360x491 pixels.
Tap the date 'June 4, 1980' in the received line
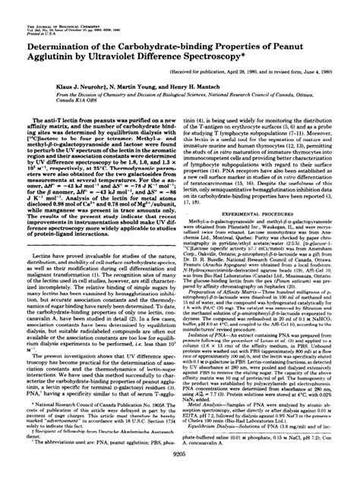click(330, 74)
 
